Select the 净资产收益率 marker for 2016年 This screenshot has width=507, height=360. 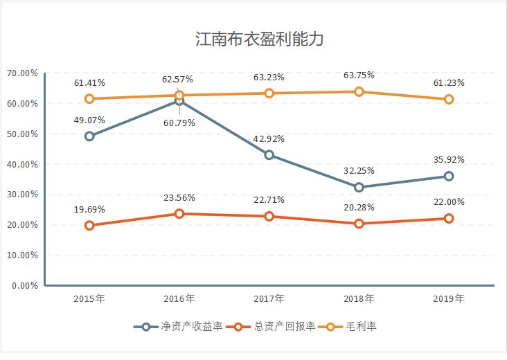pyautogui.click(x=179, y=101)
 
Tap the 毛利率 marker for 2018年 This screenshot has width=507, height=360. pyautogui.click(x=359, y=91)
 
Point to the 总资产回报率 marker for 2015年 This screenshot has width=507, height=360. pyautogui.click(x=89, y=225)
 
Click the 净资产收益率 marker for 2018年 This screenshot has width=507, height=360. pyautogui.click(x=359, y=187)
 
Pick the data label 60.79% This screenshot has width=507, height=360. pyautogui.click(x=179, y=123)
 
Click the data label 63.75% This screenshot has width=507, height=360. pyautogui.click(x=359, y=76)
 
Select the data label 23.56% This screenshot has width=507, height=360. pyautogui.click(x=179, y=198)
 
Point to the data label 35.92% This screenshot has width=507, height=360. pyautogui.click(x=448, y=159)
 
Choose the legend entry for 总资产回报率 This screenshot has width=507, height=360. pyautogui.click(x=276, y=326)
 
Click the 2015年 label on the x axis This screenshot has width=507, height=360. pyautogui.click(x=89, y=299)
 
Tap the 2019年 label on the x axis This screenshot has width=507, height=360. pyautogui.click(x=448, y=299)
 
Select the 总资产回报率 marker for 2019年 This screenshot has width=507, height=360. pyautogui.click(x=448, y=218)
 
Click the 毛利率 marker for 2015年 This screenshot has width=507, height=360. pyautogui.click(x=89, y=98)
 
